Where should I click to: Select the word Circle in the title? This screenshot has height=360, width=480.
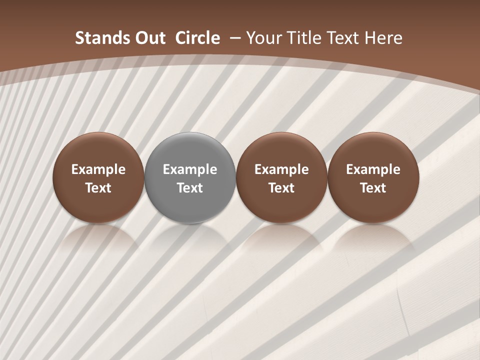tap(197, 38)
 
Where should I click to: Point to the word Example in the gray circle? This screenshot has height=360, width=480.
tap(190, 169)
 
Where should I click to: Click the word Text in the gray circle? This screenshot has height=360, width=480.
tap(190, 188)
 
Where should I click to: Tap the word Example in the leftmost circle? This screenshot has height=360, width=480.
tap(98, 169)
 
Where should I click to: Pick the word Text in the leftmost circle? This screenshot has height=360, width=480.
tap(98, 188)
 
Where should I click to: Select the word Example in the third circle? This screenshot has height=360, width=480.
tap(281, 169)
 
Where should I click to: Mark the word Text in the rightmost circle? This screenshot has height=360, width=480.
tap(373, 188)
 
